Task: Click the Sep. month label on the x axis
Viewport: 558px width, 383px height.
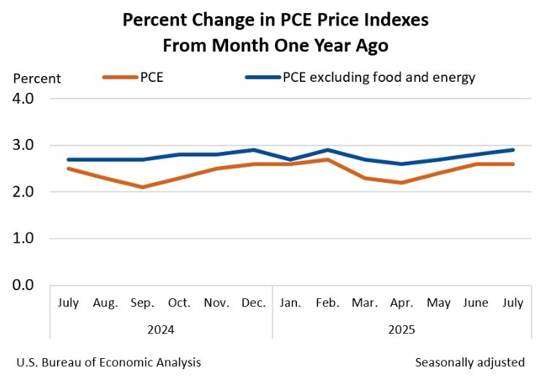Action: (x=143, y=303)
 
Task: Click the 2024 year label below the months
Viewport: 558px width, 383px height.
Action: (x=161, y=330)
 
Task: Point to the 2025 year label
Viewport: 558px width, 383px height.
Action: (x=401, y=330)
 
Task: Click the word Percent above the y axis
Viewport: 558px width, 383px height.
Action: (x=37, y=79)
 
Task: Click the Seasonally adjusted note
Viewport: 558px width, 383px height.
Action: (x=470, y=362)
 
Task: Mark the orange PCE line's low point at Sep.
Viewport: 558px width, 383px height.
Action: (x=143, y=187)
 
